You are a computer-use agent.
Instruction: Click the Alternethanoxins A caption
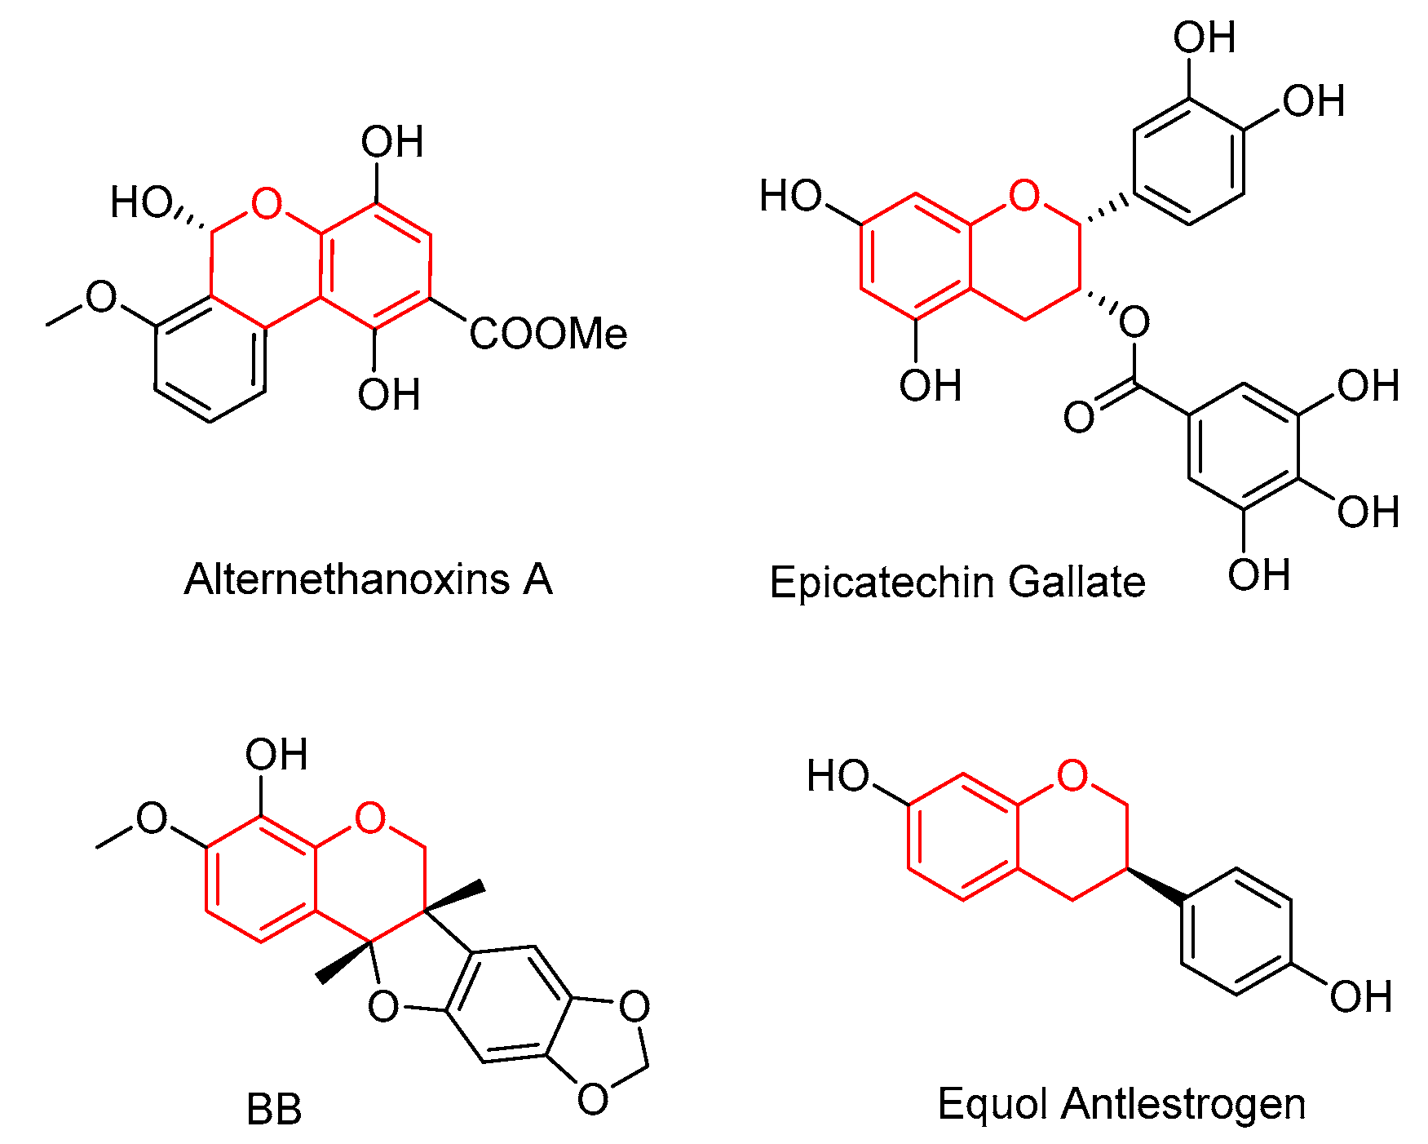pyautogui.click(x=369, y=579)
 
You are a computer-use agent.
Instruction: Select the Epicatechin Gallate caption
pyautogui.click(x=957, y=583)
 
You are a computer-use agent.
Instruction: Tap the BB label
pyautogui.click(x=274, y=1110)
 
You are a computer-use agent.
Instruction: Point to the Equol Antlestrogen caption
pyautogui.click(x=1121, y=1104)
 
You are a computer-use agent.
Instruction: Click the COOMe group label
pyautogui.click(x=548, y=334)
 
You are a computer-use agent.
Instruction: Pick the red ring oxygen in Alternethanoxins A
pyautogui.click(x=267, y=203)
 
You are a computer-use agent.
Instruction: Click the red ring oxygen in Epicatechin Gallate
pyautogui.click(x=1024, y=196)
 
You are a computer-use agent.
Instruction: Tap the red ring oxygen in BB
pyautogui.click(x=370, y=818)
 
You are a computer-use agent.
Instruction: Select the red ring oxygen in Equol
pyautogui.click(x=1072, y=776)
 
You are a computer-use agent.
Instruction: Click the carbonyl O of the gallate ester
pyautogui.click(x=1079, y=417)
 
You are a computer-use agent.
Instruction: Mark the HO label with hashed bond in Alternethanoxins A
pyautogui.click(x=142, y=202)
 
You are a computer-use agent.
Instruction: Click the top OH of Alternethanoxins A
pyautogui.click(x=392, y=143)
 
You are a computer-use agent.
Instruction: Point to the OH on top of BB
pyautogui.click(x=276, y=755)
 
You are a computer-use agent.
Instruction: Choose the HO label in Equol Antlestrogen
pyautogui.click(x=838, y=776)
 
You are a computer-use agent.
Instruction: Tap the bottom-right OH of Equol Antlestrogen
pyautogui.click(x=1359, y=997)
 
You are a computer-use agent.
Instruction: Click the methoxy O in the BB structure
pyautogui.click(x=152, y=818)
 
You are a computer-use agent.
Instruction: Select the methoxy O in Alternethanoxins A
pyautogui.click(x=102, y=297)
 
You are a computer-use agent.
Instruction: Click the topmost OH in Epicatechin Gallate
pyautogui.click(x=1204, y=38)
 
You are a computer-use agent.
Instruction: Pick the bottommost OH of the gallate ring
pyautogui.click(x=1258, y=575)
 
